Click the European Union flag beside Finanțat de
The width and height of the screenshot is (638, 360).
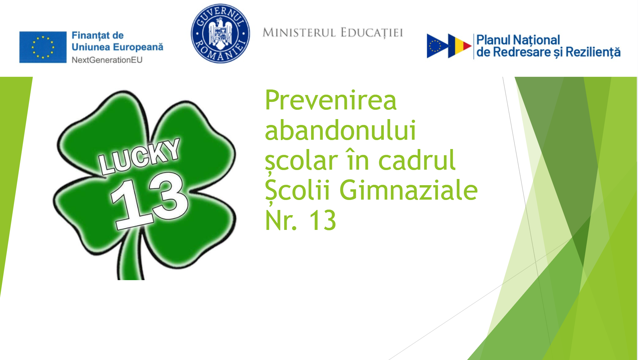(x=43, y=47)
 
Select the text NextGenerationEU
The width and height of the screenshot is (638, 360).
(x=107, y=60)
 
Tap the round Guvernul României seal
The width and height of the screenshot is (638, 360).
(x=220, y=33)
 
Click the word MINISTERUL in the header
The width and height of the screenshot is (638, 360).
(x=299, y=33)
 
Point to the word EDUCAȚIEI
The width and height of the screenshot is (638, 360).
(x=372, y=33)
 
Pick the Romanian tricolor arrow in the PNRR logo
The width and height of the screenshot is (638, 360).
(x=460, y=46)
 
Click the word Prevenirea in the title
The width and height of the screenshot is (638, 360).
(x=331, y=100)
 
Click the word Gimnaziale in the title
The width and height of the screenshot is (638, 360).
(x=409, y=190)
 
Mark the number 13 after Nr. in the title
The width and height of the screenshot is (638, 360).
(x=323, y=220)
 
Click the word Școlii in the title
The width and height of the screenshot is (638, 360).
(x=297, y=191)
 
